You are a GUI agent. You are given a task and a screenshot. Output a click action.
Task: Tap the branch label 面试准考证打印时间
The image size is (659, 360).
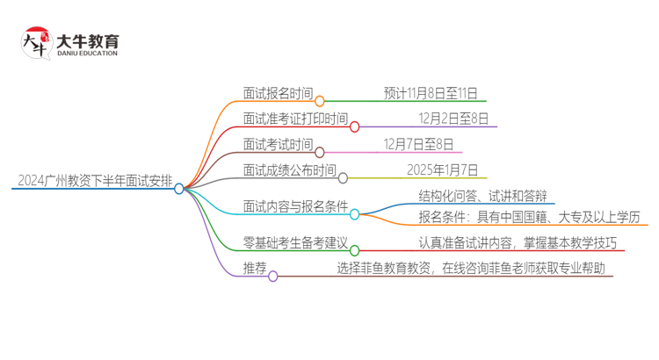(x=294, y=119)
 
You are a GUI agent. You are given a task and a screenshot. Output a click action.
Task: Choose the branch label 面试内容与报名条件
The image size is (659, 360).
(x=294, y=206)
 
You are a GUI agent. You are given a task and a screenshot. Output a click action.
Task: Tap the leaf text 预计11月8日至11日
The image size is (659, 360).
(x=430, y=92)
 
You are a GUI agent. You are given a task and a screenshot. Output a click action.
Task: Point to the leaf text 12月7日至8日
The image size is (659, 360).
(x=418, y=144)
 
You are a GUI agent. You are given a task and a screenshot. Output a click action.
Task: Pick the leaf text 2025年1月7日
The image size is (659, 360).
(x=442, y=169)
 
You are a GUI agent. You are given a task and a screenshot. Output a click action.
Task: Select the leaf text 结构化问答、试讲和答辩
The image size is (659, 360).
(x=484, y=196)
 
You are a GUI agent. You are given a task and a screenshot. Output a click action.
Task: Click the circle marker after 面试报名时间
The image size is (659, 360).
(x=320, y=101)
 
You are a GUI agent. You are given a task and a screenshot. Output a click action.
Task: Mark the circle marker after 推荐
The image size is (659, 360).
(x=272, y=277)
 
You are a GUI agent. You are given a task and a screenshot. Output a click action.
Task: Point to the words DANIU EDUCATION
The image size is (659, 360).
(x=86, y=54)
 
